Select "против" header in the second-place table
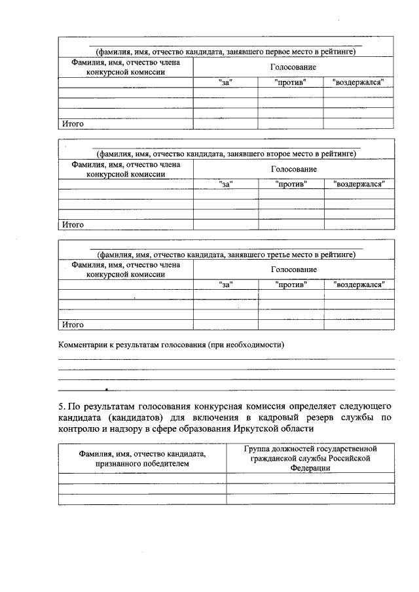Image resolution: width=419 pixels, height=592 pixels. (291, 184)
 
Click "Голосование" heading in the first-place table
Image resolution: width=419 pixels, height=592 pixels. (293, 67)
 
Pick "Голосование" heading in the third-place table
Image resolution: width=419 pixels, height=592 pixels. (293, 269)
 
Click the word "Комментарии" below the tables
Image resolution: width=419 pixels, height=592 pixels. (82, 344)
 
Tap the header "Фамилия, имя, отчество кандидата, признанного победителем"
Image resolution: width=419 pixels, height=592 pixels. (142, 459)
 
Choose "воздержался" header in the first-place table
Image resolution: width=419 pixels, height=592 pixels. (358, 82)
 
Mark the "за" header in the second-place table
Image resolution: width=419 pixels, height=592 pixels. (227, 184)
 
